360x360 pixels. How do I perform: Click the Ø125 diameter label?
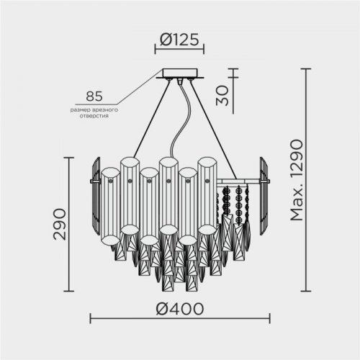point(179,40)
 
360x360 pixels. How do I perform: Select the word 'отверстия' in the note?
point(94,115)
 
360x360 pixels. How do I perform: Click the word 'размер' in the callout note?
point(81,109)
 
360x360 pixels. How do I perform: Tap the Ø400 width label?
point(179,308)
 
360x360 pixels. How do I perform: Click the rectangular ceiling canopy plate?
point(180,73)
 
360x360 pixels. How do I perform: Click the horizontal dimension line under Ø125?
point(179,50)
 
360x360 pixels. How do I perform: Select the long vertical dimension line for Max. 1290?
point(307,180)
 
